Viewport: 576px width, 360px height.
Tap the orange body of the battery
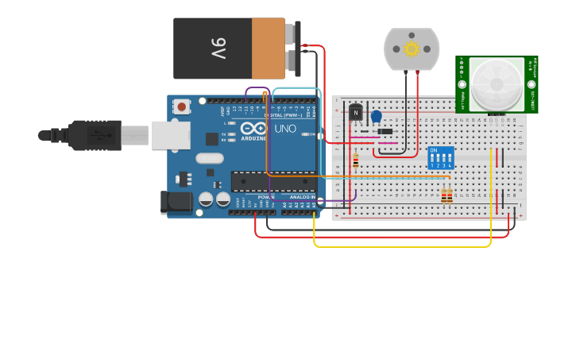pyautogui.click(x=268, y=48)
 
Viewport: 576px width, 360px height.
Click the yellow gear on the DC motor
pyautogui.click(x=411, y=49)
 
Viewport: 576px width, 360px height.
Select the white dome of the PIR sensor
pyautogui.click(x=496, y=83)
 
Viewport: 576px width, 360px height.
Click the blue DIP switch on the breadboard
pyautogui.click(x=441, y=157)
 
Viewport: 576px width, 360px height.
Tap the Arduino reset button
pyautogui.click(x=182, y=106)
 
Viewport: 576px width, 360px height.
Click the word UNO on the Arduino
pyautogui.click(x=284, y=129)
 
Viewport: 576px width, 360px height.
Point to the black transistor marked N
pyautogui.click(x=355, y=114)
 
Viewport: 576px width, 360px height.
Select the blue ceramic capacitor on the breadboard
pyautogui.click(x=376, y=117)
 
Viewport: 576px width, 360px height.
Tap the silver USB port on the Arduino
pyautogui.click(x=171, y=136)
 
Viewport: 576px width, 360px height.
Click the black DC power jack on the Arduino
pyautogui.click(x=176, y=203)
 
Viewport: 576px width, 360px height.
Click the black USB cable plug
pyautogui.click(x=95, y=135)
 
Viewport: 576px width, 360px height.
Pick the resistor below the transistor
pyautogui.click(x=355, y=161)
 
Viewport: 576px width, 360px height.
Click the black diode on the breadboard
pyautogui.click(x=385, y=131)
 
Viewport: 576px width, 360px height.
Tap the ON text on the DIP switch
pyautogui.click(x=433, y=149)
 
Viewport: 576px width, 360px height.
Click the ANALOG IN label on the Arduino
pyautogui.click(x=301, y=196)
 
